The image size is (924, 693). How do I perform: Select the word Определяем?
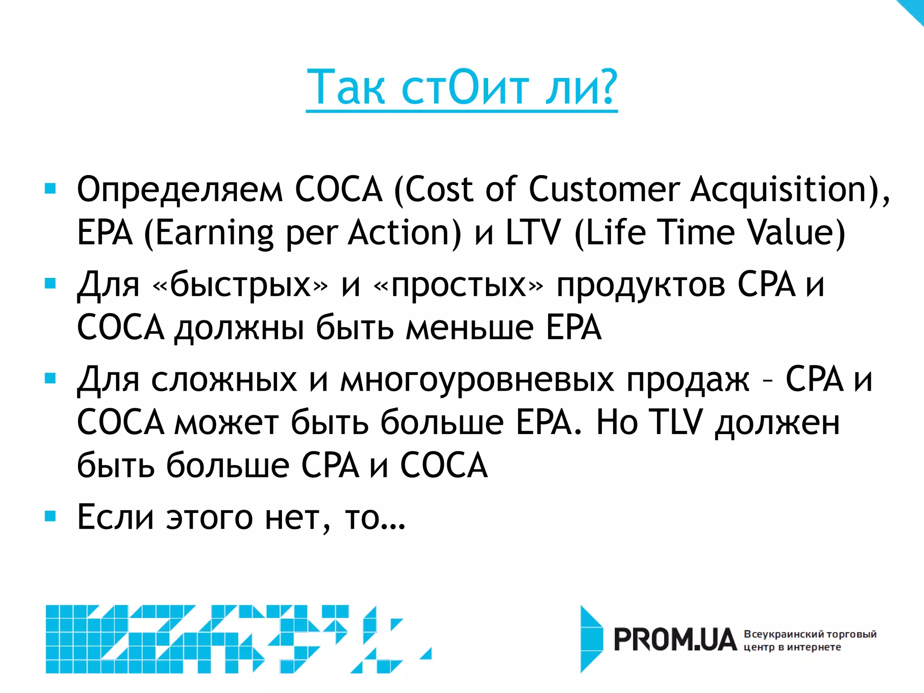pos(180,189)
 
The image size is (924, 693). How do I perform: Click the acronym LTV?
pos(533,232)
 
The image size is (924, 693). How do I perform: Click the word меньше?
pos(469,328)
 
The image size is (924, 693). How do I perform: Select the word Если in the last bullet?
pos(115,517)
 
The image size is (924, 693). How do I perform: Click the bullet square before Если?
pos(50,516)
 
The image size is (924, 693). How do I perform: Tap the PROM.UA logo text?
pos(675,640)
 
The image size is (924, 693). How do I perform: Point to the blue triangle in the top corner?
pos(914,9)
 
